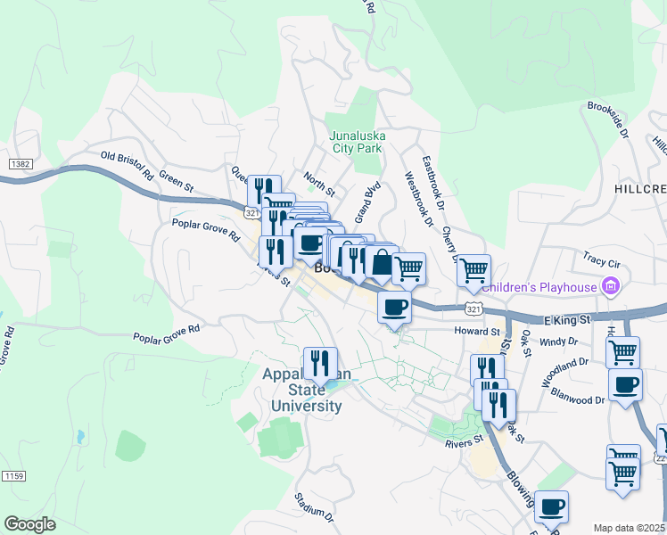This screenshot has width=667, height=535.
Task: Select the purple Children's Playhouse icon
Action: pos(610,286)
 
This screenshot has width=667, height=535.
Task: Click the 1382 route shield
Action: pos(21,165)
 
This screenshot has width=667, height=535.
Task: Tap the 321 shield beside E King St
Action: pos(473,308)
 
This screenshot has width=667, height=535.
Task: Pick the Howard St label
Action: pos(449,330)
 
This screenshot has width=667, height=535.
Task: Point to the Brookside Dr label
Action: pos(608,119)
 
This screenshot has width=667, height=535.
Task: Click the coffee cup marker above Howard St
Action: pos(394,308)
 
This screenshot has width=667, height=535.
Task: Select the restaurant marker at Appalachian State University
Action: pos(320,363)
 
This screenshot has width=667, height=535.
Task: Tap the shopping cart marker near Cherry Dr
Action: pos(473,269)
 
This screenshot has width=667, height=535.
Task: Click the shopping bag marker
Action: pos(381,264)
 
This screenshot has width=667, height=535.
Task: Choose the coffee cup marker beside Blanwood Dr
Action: pos(625,385)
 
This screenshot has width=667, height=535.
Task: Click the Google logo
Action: pos(29,524)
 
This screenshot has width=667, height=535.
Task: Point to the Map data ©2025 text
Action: pos(629,528)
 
